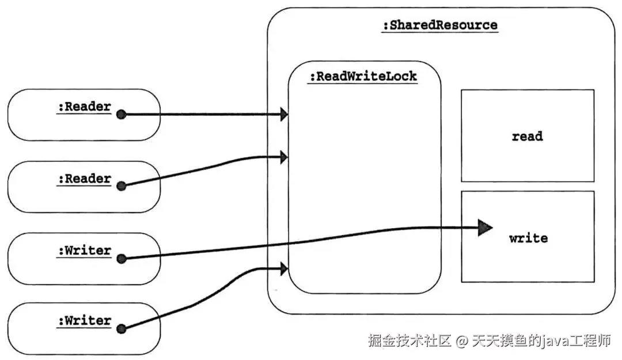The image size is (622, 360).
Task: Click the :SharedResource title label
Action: (x=439, y=25)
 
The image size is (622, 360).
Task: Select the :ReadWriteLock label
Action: (x=362, y=76)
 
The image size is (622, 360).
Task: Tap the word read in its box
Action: (x=527, y=137)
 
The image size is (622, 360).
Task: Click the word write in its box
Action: (x=528, y=237)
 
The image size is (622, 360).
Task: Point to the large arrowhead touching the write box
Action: (x=486, y=229)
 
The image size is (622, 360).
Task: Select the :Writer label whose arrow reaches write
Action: (x=84, y=251)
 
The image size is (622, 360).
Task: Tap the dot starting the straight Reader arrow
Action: (x=121, y=115)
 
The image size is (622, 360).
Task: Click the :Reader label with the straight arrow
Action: (x=84, y=107)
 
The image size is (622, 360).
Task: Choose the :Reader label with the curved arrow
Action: (x=84, y=179)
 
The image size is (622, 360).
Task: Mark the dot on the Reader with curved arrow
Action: (x=121, y=185)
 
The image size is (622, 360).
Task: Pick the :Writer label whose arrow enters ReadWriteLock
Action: (x=84, y=321)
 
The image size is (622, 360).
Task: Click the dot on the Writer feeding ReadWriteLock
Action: (x=121, y=329)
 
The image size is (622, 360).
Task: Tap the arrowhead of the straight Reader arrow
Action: (x=283, y=115)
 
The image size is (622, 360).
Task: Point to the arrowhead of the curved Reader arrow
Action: (x=283, y=157)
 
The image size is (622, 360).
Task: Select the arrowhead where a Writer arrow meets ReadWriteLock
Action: (x=283, y=268)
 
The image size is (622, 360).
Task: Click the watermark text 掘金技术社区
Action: (x=409, y=341)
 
